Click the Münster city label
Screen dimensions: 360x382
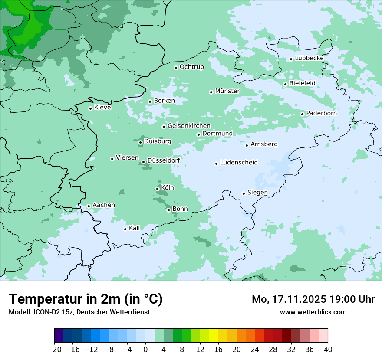coord(227,91)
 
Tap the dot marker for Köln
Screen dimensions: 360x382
coord(157,189)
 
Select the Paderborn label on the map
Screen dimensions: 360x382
coord(321,113)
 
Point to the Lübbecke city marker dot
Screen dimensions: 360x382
coord(291,59)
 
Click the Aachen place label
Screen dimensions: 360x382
coord(104,205)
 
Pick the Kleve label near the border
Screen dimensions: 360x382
coord(102,108)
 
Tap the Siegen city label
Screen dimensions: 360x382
coord(257,193)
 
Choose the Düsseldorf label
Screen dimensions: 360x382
coord(163,160)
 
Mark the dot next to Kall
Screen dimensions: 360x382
coord(125,229)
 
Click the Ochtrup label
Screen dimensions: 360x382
coord(191,67)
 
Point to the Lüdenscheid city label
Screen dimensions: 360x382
coord(239,163)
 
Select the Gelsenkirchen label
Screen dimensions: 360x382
coord(189,126)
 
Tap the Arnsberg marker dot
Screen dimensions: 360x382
coord(247,145)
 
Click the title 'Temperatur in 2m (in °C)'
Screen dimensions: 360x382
coord(86,299)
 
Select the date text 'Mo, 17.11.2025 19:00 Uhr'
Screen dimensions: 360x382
coord(313,299)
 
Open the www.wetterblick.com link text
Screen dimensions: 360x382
coord(313,312)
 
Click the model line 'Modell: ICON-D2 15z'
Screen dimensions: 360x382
coord(79,312)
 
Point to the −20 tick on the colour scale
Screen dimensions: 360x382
coord(55,350)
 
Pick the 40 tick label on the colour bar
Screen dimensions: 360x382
coord(328,350)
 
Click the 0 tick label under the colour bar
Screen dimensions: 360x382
coord(145,350)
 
